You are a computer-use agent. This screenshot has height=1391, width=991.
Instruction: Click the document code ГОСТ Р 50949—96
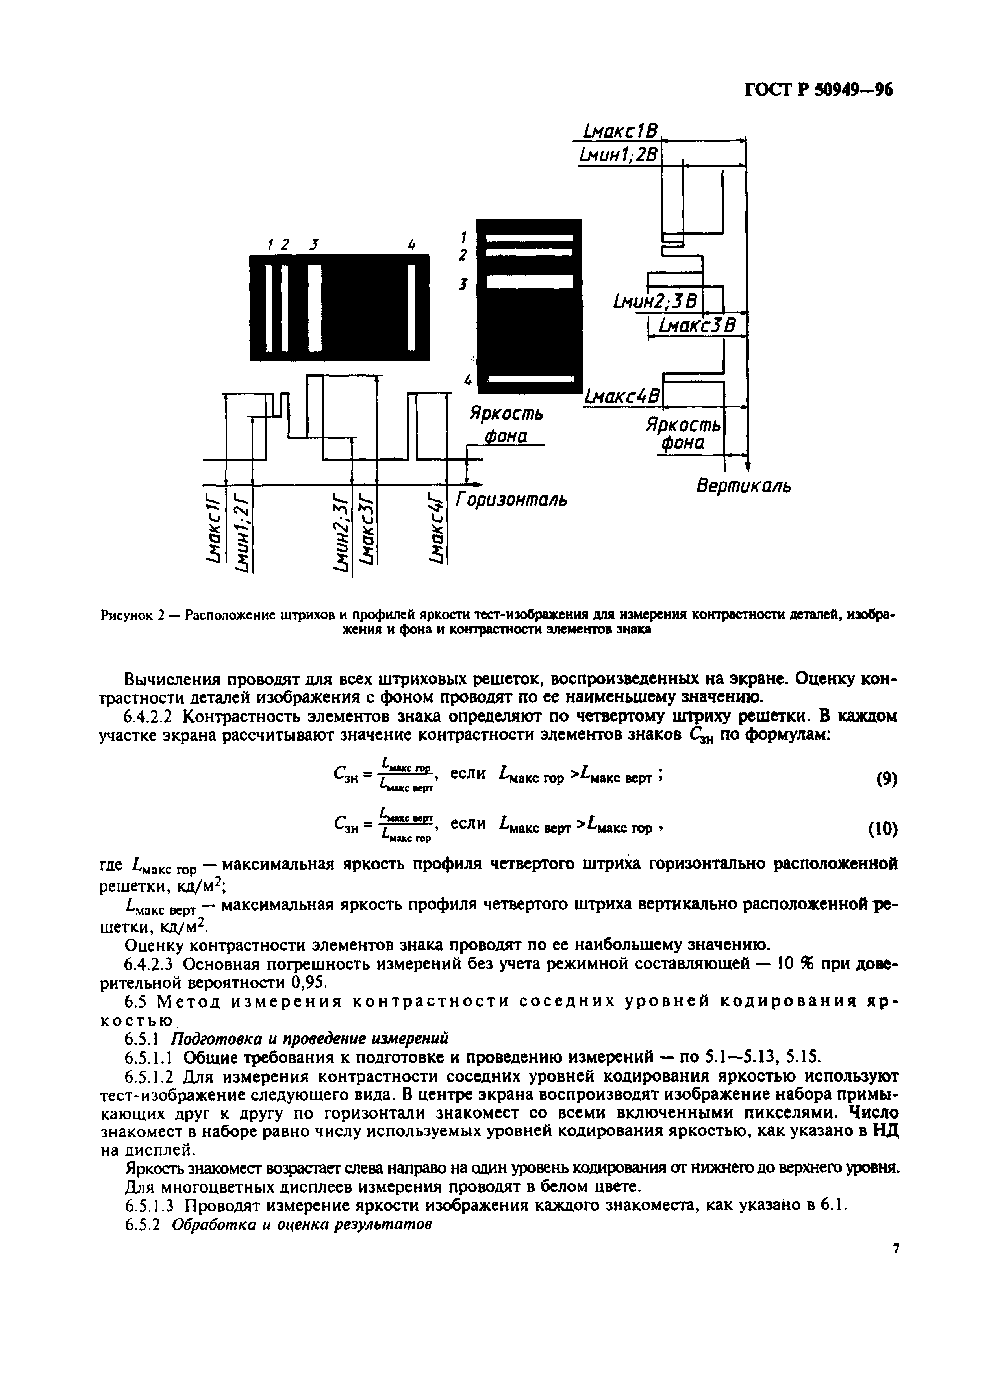(x=818, y=90)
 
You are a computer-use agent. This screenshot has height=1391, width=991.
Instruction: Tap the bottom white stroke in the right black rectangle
(x=529, y=380)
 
